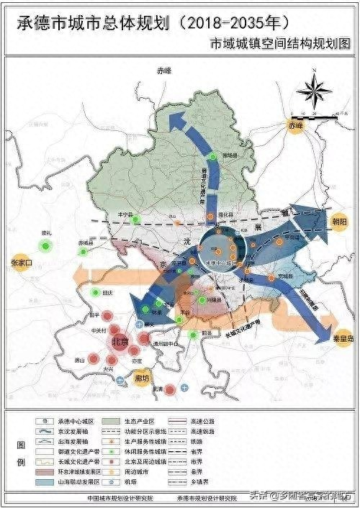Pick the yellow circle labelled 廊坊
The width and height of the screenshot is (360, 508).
(141, 377)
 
